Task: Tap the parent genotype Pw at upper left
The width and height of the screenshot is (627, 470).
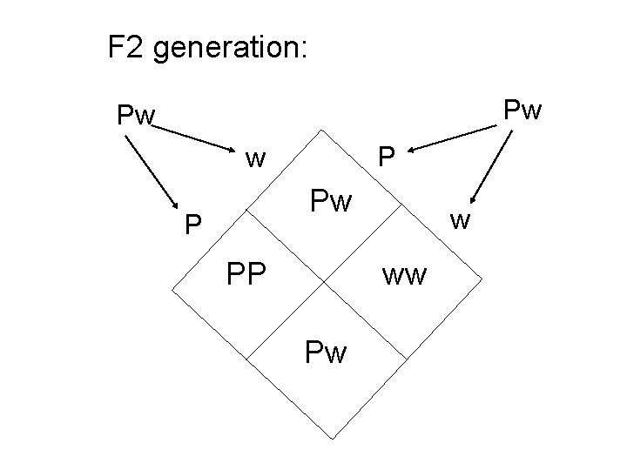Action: click(x=137, y=115)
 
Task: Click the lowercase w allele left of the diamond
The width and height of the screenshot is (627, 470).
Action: click(x=255, y=158)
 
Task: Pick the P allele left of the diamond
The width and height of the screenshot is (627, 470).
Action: click(x=194, y=226)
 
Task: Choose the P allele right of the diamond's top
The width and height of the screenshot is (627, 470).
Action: click(x=386, y=158)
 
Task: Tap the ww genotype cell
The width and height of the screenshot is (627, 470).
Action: click(x=405, y=277)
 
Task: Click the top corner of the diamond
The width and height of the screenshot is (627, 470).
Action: click(x=324, y=130)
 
